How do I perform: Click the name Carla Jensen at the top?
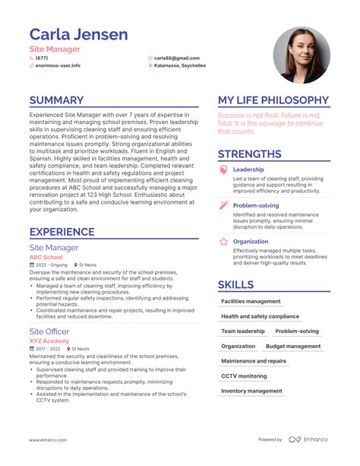coord(78,34)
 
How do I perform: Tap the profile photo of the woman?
coord(302,55)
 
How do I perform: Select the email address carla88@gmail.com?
coord(177,58)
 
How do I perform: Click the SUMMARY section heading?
coord(56,100)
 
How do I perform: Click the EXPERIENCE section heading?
coord(62,232)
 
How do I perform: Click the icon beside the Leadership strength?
coord(223,170)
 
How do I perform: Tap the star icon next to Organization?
coord(223,242)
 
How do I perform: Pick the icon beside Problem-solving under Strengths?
coord(223,206)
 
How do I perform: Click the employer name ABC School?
coord(46,257)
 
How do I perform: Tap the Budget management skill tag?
coord(293,346)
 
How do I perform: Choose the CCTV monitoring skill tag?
coord(244,376)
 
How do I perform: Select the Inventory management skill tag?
coord(251,391)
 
